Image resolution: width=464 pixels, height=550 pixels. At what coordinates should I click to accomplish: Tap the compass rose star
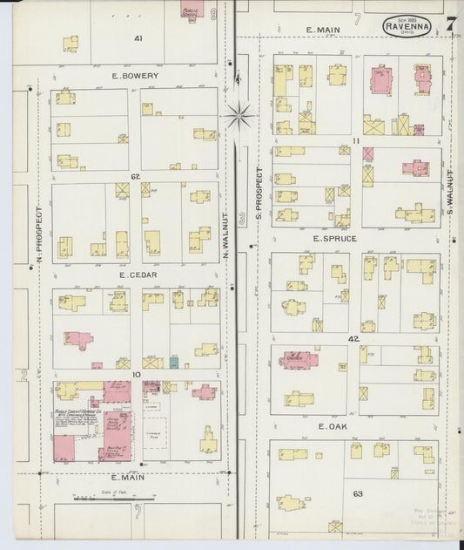click(239, 112)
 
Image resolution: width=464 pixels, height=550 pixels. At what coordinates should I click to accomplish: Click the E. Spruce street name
click(339, 238)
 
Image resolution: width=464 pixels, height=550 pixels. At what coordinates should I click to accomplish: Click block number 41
click(138, 39)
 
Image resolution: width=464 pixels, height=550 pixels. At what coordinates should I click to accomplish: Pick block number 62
click(136, 177)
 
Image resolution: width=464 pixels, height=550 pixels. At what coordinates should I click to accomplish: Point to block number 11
click(356, 139)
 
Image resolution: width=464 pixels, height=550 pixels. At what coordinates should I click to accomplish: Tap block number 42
click(353, 338)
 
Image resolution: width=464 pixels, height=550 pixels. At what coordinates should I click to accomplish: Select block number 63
click(357, 493)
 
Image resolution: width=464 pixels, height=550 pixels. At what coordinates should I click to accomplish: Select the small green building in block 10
click(174, 363)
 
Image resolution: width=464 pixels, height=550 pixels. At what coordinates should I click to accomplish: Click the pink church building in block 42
click(295, 357)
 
